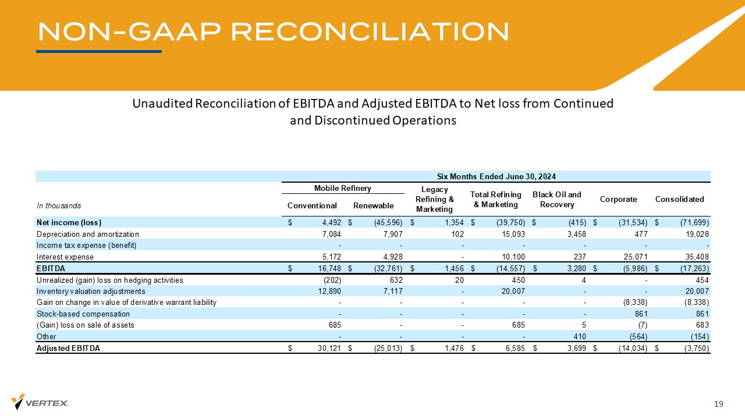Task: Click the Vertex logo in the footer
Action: pyautogui.click(x=40, y=402)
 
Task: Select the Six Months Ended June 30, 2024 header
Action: pyautogui.click(x=496, y=176)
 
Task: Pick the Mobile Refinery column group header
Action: pyautogui.click(x=342, y=188)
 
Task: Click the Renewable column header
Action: pyautogui.click(x=373, y=205)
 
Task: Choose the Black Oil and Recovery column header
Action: pyautogui.click(x=556, y=199)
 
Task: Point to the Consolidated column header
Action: pyautogui.click(x=679, y=199)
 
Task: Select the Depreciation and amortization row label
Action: pyautogui.click(x=88, y=234)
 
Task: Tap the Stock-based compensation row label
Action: pyautogui.click(x=83, y=314)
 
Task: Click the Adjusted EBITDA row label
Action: pyautogui.click(x=68, y=348)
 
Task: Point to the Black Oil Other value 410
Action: pyautogui.click(x=579, y=336)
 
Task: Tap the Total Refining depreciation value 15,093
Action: pyautogui.click(x=513, y=234)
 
